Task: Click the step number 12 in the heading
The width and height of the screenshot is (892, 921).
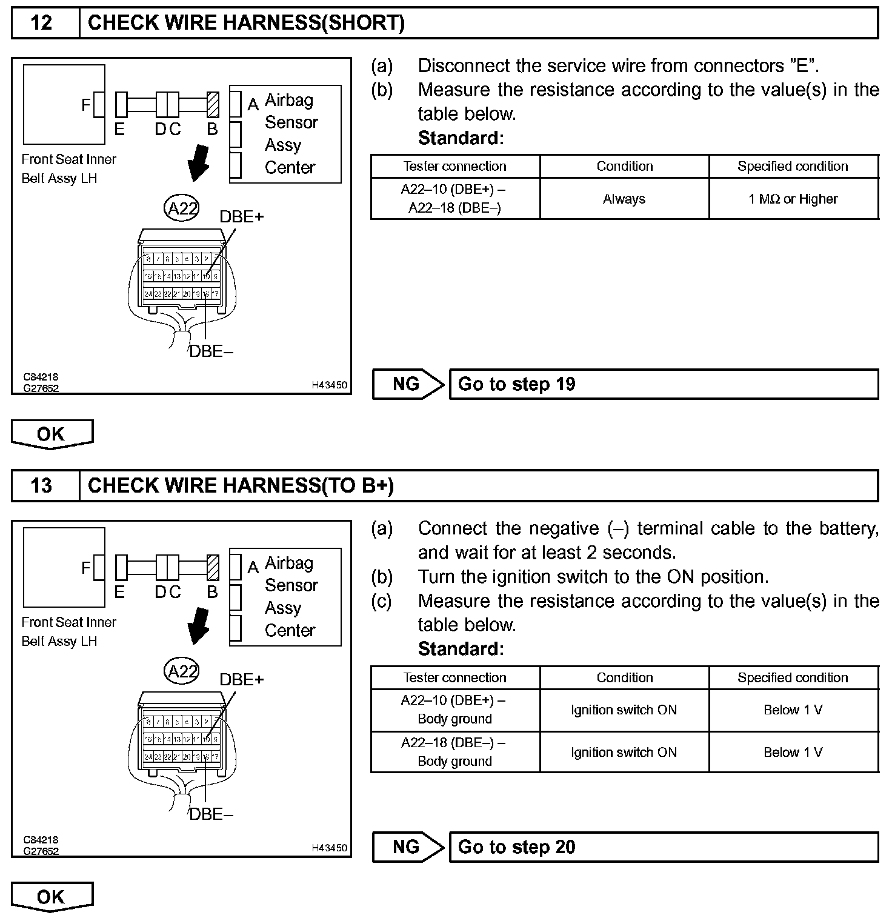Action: pyautogui.click(x=41, y=23)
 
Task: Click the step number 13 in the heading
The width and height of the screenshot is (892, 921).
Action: pyautogui.click(x=41, y=486)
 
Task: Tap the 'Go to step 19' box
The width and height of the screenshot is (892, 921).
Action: pyautogui.click(x=663, y=384)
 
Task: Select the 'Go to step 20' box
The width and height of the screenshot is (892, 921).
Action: pyautogui.click(x=663, y=847)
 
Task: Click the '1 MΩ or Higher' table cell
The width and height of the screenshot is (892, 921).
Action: pyautogui.click(x=793, y=199)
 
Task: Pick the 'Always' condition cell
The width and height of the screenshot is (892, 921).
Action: pyautogui.click(x=624, y=199)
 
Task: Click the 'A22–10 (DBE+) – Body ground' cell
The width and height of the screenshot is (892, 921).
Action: pyautogui.click(x=454, y=710)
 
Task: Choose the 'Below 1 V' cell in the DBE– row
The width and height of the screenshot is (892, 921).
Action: pyautogui.click(x=793, y=752)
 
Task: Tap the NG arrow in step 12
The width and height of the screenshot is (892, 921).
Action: pyautogui.click(x=408, y=384)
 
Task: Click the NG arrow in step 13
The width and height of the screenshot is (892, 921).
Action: pyautogui.click(x=408, y=847)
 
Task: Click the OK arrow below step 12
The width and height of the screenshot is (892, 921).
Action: pyautogui.click(x=52, y=434)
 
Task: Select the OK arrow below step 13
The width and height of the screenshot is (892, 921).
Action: pyautogui.click(x=52, y=897)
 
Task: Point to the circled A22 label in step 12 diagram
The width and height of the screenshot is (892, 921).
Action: pyautogui.click(x=181, y=208)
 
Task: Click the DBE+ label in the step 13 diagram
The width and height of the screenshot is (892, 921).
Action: pyautogui.click(x=241, y=680)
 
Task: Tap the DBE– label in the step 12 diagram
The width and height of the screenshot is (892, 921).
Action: pyautogui.click(x=211, y=351)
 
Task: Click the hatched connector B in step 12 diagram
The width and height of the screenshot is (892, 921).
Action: pyautogui.click(x=212, y=104)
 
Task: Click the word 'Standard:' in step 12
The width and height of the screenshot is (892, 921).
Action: pyautogui.click(x=461, y=138)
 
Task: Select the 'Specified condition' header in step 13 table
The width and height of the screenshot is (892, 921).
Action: pyautogui.click(x=793, y=677)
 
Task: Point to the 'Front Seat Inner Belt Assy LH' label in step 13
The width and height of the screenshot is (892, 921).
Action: pyautogui.click(x=68, y=631)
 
